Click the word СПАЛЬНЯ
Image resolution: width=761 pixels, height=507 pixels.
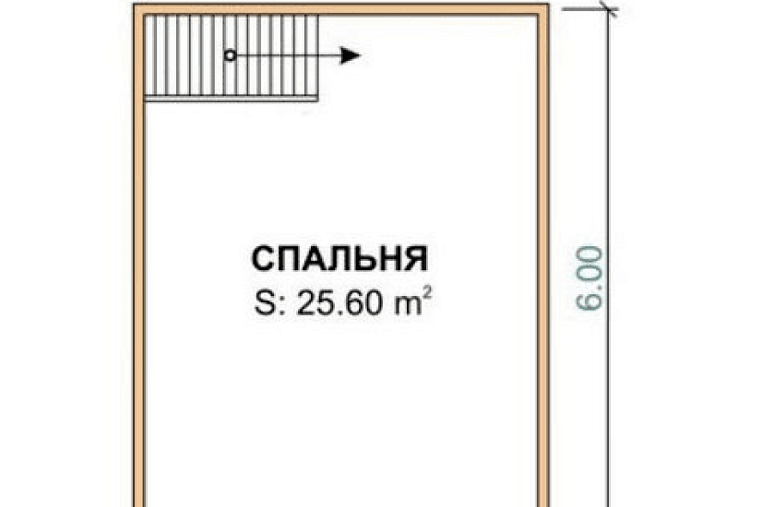(x=339, y=259)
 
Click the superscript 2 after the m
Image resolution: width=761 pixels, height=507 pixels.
(x=425, y=297)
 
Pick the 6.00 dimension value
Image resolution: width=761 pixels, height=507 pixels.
(x=593, y=277)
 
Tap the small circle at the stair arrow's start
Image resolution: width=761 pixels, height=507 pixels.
(x=231, y=56)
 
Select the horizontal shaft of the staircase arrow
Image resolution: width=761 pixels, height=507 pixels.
(x=286, y=56)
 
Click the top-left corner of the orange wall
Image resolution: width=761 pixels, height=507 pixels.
(x=138, y=7)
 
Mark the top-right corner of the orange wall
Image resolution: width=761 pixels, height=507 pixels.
(x=543, y=7)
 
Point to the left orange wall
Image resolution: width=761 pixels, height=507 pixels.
(x=138, y=277)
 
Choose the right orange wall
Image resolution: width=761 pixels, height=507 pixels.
(x=543, y=277)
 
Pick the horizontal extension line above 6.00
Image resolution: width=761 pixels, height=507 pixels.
(x=581, y=7)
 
